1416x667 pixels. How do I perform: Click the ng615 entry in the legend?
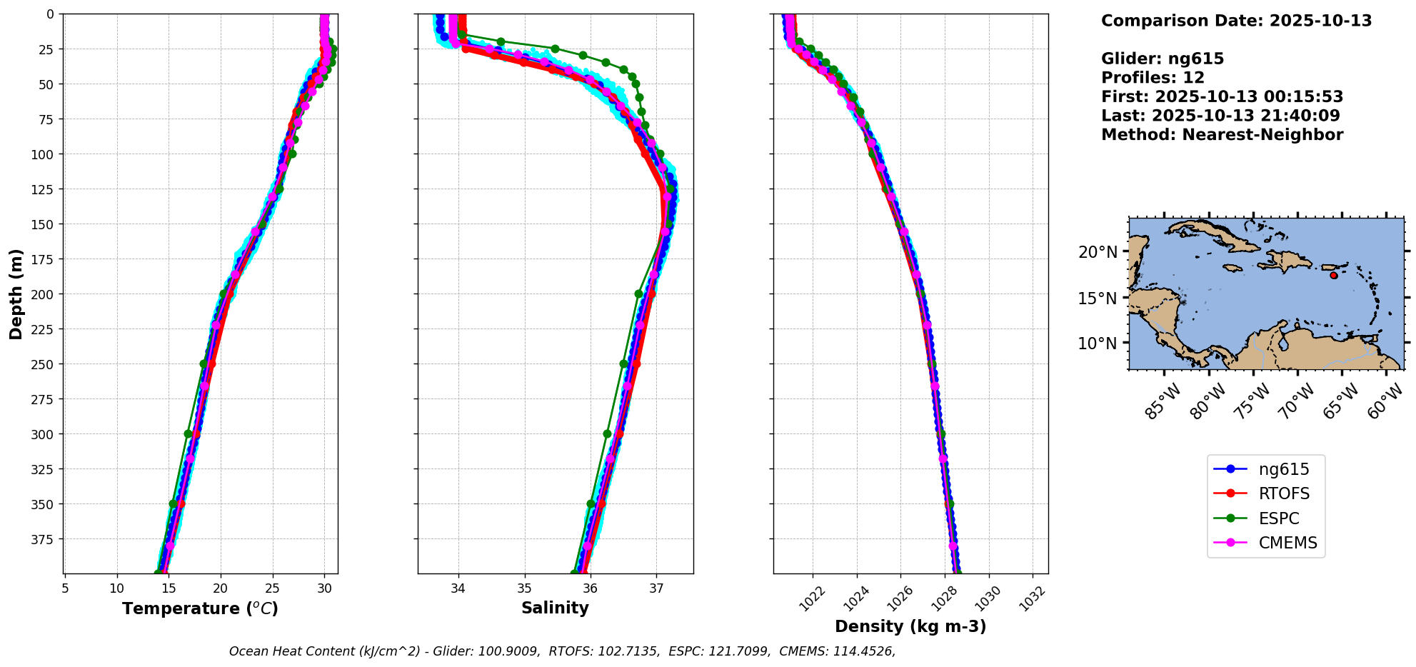(x=1283, y=469)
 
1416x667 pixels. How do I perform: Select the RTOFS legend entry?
(x=1283, y=494)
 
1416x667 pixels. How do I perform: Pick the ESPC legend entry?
(x=1278, y=518)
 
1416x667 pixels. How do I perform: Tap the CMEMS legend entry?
(x=1287, y=543)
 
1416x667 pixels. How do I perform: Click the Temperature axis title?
(x=200, y=609)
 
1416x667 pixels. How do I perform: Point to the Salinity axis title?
(x=555, y=608)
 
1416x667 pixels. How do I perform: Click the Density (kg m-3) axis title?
(x=910, y=627)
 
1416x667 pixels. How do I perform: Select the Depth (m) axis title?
(x=16, y=294)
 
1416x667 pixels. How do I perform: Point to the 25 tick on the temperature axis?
(x=273, y=588)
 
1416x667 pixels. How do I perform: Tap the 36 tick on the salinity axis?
(x=591, y=588)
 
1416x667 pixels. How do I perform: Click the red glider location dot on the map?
(x=1334, y=275)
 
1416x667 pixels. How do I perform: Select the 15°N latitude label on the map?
(x=1098, y=298)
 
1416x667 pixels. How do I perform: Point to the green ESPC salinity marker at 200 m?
(x=639, y=294)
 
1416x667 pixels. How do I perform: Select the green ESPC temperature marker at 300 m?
(x=189, y=433)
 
